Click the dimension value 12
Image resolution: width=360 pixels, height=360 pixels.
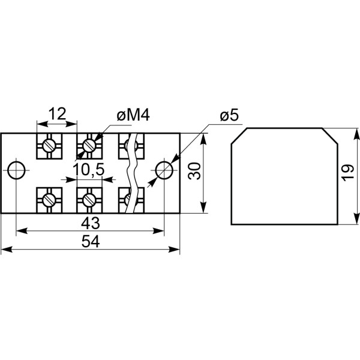(56, 114)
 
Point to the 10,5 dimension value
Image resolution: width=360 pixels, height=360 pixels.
(89, 171)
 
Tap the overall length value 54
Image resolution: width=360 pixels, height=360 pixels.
(90, 241)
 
